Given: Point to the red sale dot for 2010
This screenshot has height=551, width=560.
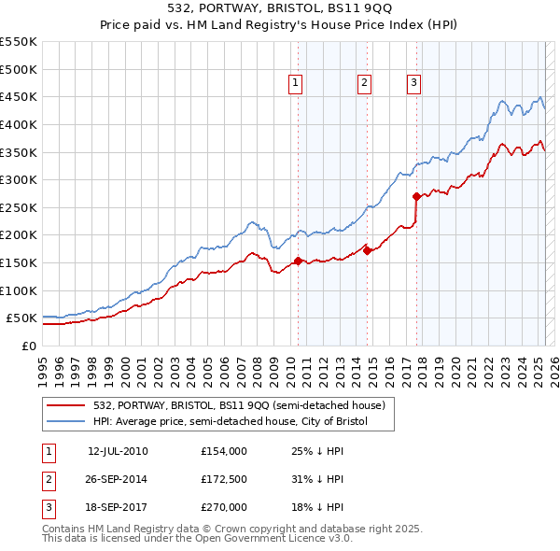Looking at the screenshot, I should (298, 261).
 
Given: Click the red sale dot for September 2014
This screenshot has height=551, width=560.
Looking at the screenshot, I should (368, 250).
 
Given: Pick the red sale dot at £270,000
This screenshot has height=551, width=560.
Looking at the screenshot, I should (417, 196).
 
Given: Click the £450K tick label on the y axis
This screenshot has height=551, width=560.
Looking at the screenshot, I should (19, 96).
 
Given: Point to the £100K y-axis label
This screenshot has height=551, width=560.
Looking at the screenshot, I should (19, 290).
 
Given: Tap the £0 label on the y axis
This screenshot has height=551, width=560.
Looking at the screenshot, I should (29, 346).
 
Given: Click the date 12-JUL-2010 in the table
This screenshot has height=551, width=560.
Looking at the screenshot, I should (118, 451).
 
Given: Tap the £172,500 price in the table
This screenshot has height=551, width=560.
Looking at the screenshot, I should (223, 479).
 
